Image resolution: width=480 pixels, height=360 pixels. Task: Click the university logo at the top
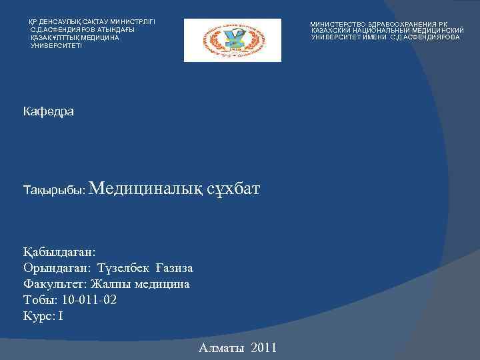(x=232, y=40)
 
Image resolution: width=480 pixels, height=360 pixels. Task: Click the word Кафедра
(x=48, y=111)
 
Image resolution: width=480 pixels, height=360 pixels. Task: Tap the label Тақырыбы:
(x=53, y=191)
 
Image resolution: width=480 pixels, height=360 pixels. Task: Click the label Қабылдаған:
(x=59, y=252)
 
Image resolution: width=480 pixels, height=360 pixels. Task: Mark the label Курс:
(x=38, y=316)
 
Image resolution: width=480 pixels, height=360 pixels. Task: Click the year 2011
(x=265, y=348)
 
